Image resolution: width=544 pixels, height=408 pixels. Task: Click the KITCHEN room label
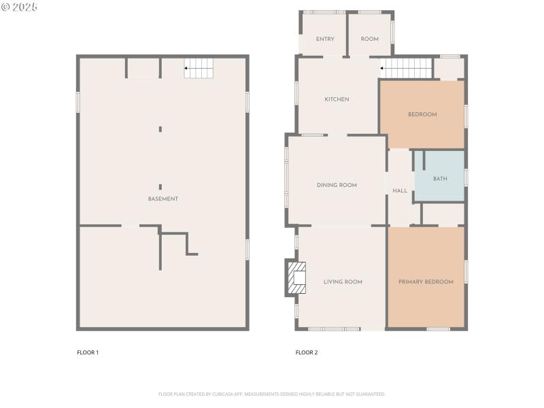337,99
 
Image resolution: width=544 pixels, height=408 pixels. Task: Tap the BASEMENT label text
163,199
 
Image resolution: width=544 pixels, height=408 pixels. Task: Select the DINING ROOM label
337,185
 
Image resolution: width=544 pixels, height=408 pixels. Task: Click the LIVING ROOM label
343,282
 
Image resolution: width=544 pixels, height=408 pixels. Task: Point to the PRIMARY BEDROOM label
426,282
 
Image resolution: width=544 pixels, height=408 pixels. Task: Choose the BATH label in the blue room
440,179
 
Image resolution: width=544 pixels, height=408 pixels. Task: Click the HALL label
400,191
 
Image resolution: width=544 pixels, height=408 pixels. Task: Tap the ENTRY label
325,39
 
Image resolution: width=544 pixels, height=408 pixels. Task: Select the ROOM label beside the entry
369,39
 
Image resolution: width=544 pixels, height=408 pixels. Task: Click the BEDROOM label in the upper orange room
422,114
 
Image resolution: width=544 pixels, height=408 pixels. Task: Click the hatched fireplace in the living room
296,277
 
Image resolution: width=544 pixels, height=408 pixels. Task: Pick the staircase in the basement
199,68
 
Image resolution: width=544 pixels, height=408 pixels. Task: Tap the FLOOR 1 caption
88,352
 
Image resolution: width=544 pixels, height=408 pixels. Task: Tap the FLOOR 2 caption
307,352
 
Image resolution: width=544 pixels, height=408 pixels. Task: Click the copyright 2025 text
20,6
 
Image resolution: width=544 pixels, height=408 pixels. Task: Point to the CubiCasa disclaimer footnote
272,394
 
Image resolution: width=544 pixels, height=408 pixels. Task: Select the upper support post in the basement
160,129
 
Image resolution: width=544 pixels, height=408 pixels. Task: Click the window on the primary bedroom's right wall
466,271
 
